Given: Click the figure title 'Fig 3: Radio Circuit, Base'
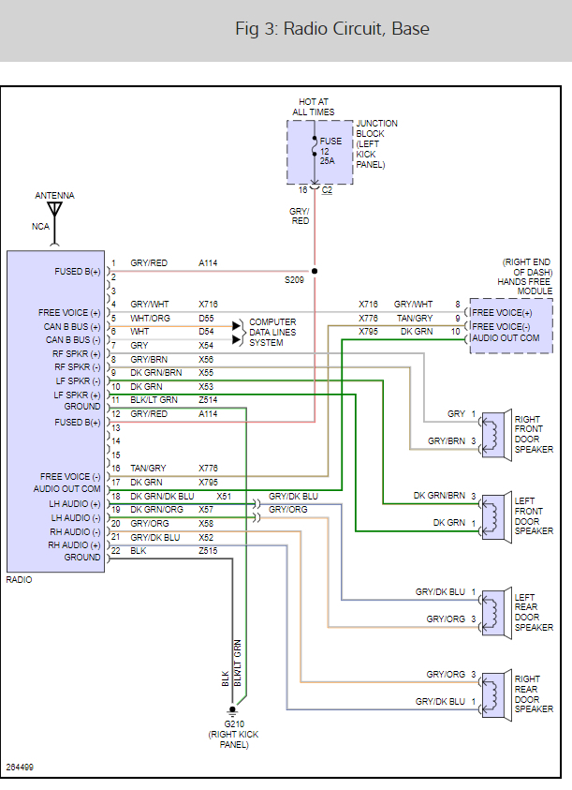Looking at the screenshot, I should coord(332,29).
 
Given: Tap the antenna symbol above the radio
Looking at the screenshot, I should coord(54,210).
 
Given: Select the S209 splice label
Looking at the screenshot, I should coord(295,279).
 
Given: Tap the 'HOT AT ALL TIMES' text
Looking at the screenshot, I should coord(313,106).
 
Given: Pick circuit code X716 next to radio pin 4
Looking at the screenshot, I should coord(207,305).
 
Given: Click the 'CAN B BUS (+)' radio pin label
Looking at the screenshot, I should coord(70,325).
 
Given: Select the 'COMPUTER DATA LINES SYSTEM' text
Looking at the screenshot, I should coord(272,332).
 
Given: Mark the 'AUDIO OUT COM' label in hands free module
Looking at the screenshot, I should coord(506,337).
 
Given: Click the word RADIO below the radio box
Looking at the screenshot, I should coord(19,579).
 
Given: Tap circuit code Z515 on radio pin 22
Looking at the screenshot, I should coord(207,551).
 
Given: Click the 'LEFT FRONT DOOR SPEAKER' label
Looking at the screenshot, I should coord(534,516).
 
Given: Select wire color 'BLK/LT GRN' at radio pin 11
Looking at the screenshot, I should coord(154,400).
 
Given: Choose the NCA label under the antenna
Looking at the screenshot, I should coord(40,227).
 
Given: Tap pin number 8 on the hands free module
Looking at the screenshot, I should coord(458,305).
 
